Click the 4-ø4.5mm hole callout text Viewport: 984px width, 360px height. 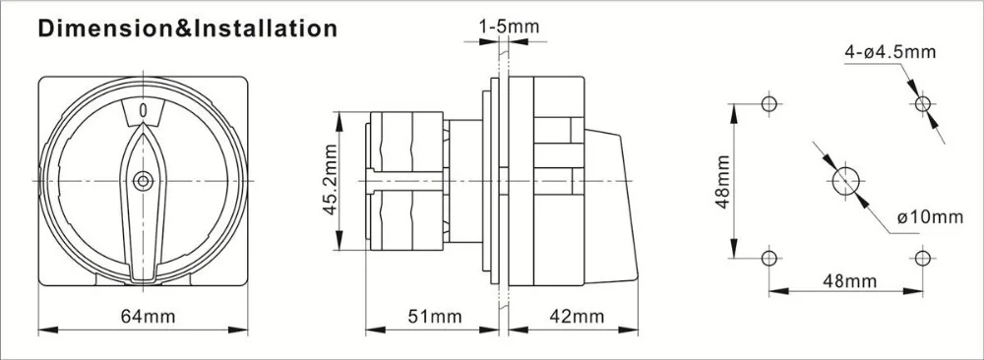tap(887, 51)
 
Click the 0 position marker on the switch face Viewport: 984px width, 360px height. tap(144, 112)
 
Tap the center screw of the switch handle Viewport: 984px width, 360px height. tap(144, 180)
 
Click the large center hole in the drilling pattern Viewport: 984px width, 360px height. tap(845, 181)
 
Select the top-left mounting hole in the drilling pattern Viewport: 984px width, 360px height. tap(769, 103)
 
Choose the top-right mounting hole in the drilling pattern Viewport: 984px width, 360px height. tap(922, 103)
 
